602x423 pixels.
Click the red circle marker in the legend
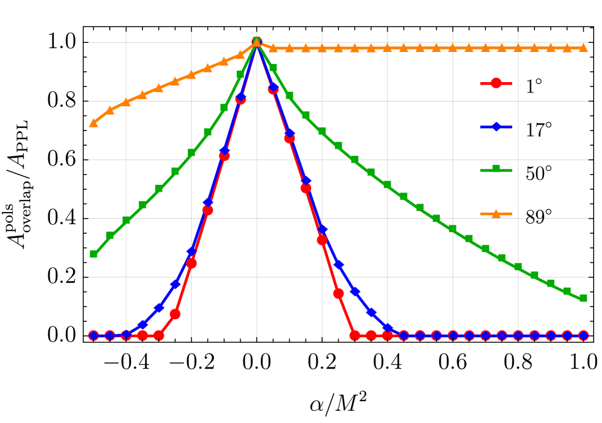496,83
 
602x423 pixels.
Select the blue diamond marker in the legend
496,127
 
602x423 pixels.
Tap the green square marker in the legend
496,170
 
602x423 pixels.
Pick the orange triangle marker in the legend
496,214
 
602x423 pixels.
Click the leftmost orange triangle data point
94,123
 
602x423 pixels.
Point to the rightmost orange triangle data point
583,47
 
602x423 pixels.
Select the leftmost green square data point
94,254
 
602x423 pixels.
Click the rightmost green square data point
583,299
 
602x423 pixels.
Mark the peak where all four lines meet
257,41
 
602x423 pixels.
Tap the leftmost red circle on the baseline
94,335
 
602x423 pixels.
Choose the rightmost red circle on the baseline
583,335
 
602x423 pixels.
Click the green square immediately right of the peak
273,68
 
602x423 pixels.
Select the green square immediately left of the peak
240,74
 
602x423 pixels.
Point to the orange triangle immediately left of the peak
240,54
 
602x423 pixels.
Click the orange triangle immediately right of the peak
273,48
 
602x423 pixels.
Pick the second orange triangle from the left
110,111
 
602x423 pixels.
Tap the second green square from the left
110,236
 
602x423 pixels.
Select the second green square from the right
567,291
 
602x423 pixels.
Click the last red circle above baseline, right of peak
338,294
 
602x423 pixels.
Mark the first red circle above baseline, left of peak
175,314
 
